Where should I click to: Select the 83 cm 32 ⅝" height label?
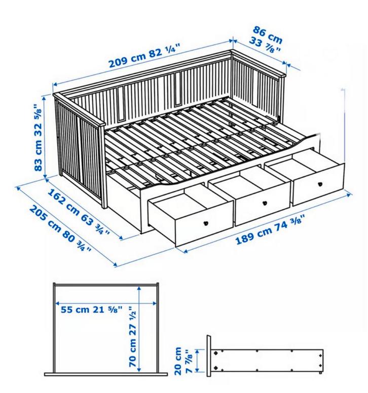click(38, 137)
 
